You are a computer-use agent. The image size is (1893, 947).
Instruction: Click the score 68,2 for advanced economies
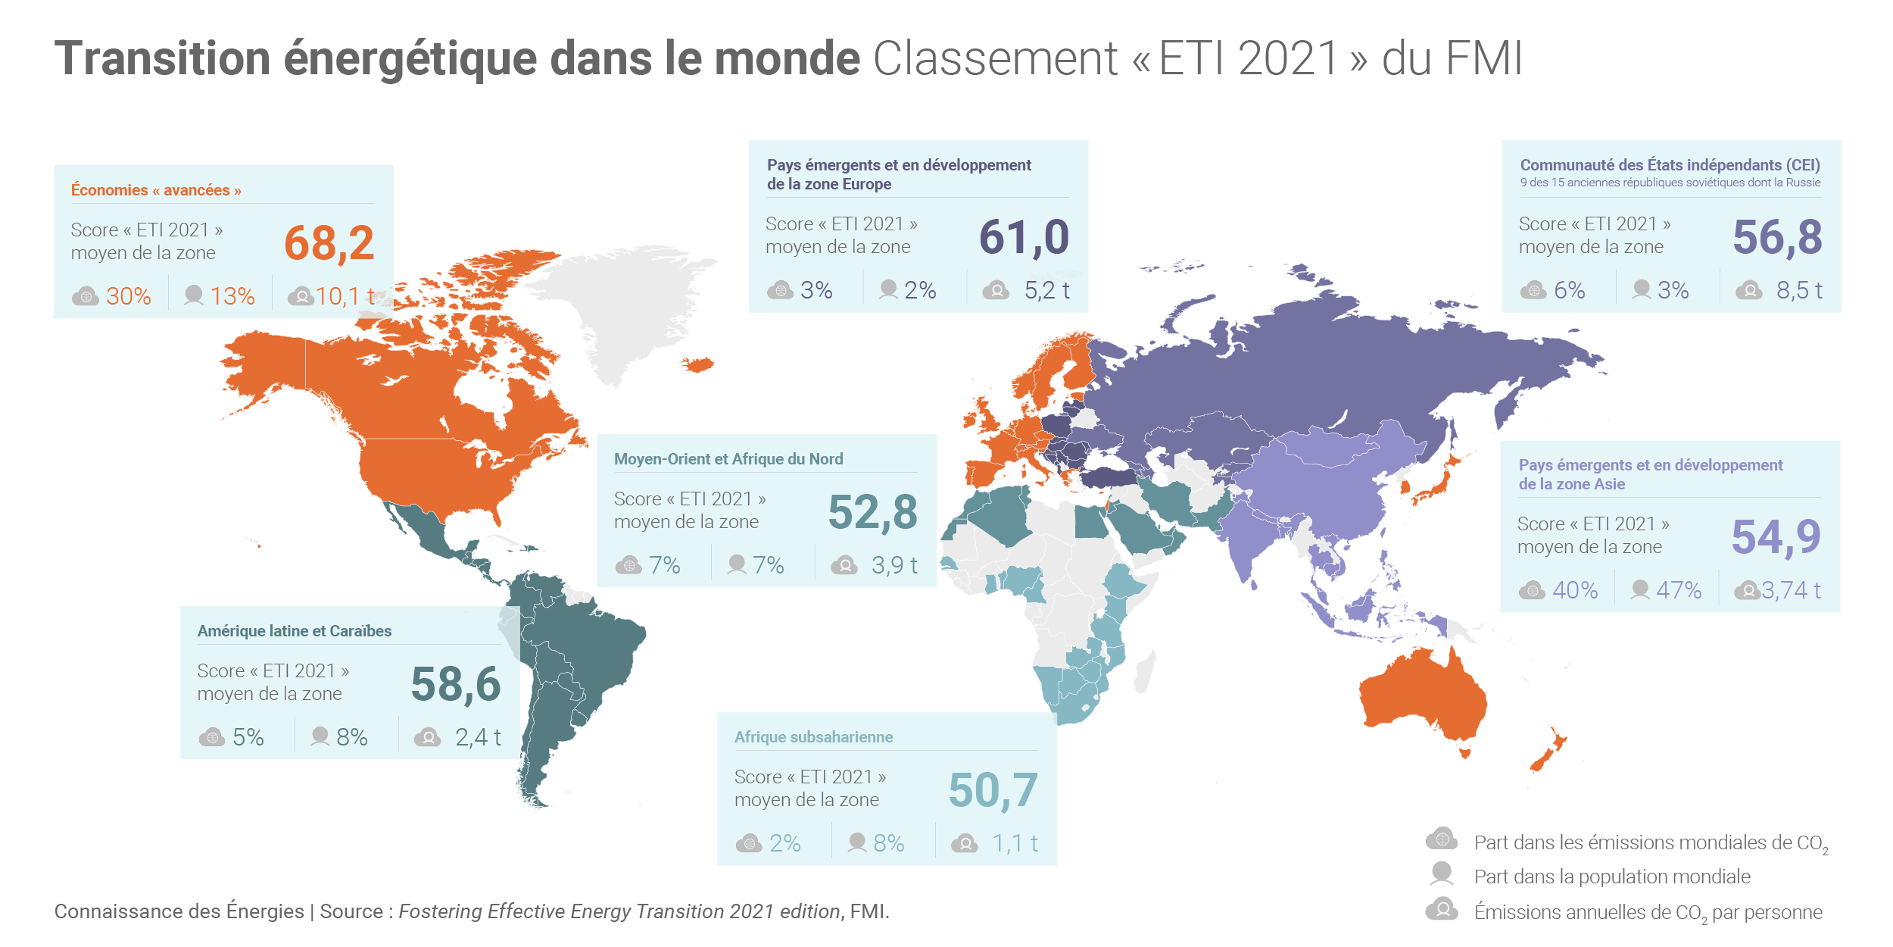click(329, 244)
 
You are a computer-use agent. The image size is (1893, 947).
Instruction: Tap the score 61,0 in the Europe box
click(1024, 238)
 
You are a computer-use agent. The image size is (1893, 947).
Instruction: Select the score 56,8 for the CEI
click(1777, 238)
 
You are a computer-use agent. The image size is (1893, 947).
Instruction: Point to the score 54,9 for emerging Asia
click(1776, 538)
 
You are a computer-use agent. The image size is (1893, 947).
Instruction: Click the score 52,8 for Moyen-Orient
click(872, 513)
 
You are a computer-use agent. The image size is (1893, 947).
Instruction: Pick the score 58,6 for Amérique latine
click(455, 685)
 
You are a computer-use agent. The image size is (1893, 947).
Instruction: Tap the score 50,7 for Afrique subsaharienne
click(993, 791)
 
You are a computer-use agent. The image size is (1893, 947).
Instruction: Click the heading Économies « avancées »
click(156, 190)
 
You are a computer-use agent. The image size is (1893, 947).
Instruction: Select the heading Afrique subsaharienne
click(813, 737)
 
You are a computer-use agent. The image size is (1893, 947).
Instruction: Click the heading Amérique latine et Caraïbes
click(295, 631)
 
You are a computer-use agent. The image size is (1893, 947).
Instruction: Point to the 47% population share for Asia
click(1679, 590)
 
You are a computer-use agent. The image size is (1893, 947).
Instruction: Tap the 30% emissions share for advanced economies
click(128, 296)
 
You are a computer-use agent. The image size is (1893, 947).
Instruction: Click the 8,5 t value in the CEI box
click(1798, 290)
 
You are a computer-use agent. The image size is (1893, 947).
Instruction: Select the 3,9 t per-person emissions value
click(894, 565)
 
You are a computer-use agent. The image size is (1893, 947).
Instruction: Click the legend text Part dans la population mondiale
click(1612, 877)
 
